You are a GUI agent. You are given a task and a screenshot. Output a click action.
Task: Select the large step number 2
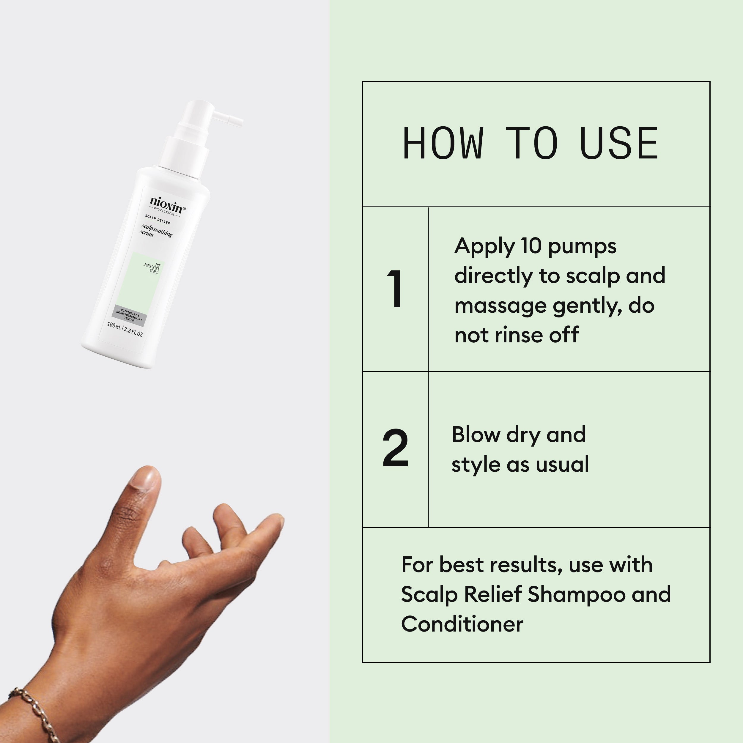pos(395,448)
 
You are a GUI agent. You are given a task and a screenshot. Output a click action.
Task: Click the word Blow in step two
pos(475,435)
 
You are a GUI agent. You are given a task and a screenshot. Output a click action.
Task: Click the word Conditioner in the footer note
pos(462,624)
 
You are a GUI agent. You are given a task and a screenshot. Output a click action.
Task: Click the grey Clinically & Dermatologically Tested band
pos(129,315)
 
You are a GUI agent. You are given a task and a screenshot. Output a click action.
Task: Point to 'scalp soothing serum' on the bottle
pos(155,231)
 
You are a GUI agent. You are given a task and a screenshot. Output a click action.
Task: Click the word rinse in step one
pos(517,335)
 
